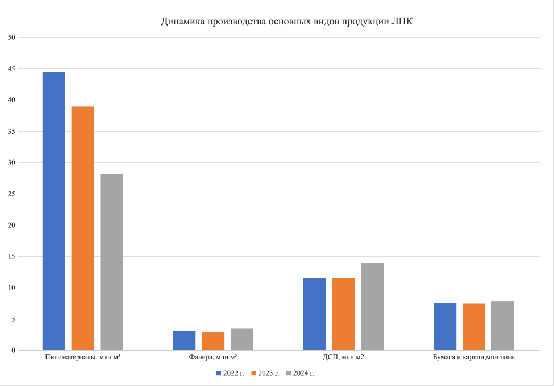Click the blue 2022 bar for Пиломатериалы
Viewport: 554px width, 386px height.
[54, 211]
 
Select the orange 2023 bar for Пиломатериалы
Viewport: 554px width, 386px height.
[83, 228]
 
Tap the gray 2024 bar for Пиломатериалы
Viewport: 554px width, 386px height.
[112, 261]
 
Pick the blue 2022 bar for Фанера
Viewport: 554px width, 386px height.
[184, 340]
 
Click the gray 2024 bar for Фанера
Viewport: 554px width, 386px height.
[242, 339]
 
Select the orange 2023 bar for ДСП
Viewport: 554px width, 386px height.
[343, 314]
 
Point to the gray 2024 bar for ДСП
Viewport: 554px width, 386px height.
[372, 306]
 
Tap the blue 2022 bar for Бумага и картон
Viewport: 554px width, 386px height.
[445, 326]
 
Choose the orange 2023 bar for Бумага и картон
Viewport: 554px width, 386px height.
[474, 327]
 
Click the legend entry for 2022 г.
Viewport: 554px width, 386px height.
[230, 373]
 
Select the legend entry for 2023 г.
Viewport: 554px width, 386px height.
[265, 373]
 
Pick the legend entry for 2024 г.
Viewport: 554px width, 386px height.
[300, 373]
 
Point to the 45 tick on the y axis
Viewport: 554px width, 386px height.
[11, 69]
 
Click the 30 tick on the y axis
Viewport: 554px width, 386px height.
[11, 163]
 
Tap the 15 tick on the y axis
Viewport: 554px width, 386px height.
[11, 257]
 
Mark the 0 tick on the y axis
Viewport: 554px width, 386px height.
[13, 351]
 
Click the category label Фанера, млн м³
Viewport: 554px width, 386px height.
[213, 358]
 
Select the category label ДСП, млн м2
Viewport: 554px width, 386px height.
[343, 358]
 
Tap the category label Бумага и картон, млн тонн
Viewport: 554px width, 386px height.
[474, 358]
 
